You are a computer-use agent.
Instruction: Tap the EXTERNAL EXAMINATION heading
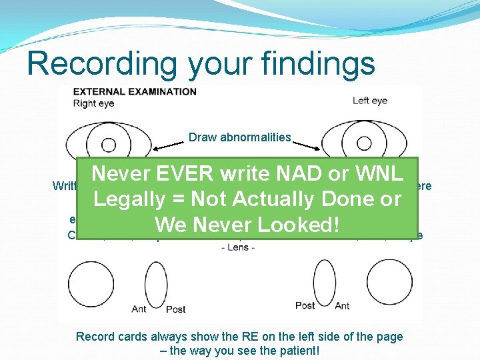pos(135,91)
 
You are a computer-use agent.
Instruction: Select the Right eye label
pos(94,103)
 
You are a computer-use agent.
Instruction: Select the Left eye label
pos(370,101)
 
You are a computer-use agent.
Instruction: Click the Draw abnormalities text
pos(240,137)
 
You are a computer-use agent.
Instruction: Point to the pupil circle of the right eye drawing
pos(108,145)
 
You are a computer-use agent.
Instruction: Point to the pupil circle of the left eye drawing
pos(364,144)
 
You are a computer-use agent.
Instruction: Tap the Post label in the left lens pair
pos(175,309)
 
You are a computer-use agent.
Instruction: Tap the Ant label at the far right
pos(342,306)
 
